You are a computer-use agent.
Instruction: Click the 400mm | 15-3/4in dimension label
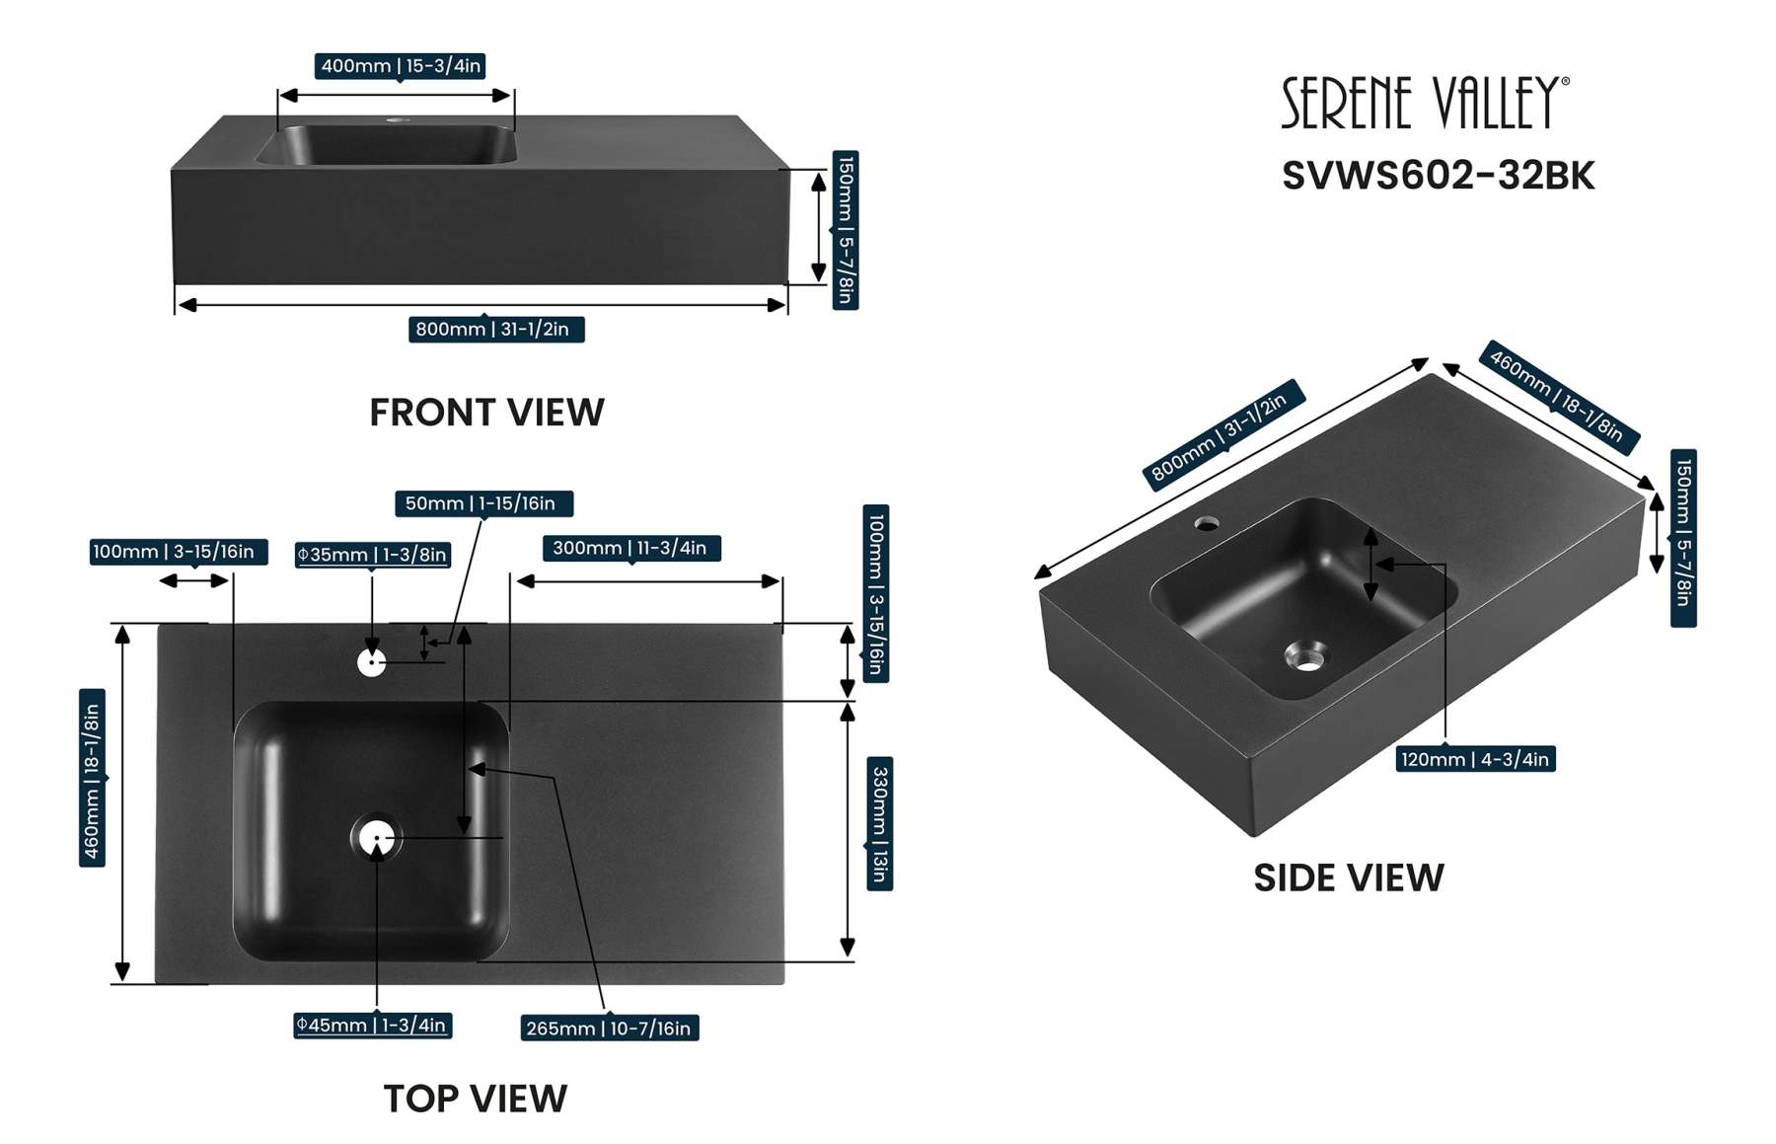[x=400, y=66]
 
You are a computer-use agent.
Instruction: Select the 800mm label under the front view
[x=495, y=329]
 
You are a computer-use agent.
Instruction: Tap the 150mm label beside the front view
[x=846, y=230]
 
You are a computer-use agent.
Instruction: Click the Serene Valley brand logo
[x=1424, y=103]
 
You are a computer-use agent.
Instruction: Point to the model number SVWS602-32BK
[x=1438, y=176]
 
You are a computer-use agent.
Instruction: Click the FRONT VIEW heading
[x=486, y=413]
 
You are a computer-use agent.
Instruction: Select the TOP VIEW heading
[x=475, y=1098]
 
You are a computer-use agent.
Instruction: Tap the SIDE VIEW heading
[x=1348, y=877]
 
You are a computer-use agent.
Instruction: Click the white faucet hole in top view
[x=371, y=661]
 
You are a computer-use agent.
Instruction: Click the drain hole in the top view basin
[x=375, y=839]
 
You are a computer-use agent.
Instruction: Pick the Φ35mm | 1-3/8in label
[x=373, y=555]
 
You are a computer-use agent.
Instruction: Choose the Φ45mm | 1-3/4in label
[x=372, y=1025]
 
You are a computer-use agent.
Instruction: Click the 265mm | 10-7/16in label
[x=609, y=1028]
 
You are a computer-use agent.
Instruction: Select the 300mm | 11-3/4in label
[x=629, y=548]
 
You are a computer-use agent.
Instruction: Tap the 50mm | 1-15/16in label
[x=482, y=503]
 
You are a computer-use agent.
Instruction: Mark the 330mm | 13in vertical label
[x=879, y=823]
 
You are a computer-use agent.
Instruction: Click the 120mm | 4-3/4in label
[x=1475, y=759]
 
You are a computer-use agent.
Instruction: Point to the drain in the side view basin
[x=1307, y=656]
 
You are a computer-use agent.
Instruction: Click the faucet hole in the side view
[x=1207, y=523]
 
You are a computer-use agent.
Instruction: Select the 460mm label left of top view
[x=92, y=778]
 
